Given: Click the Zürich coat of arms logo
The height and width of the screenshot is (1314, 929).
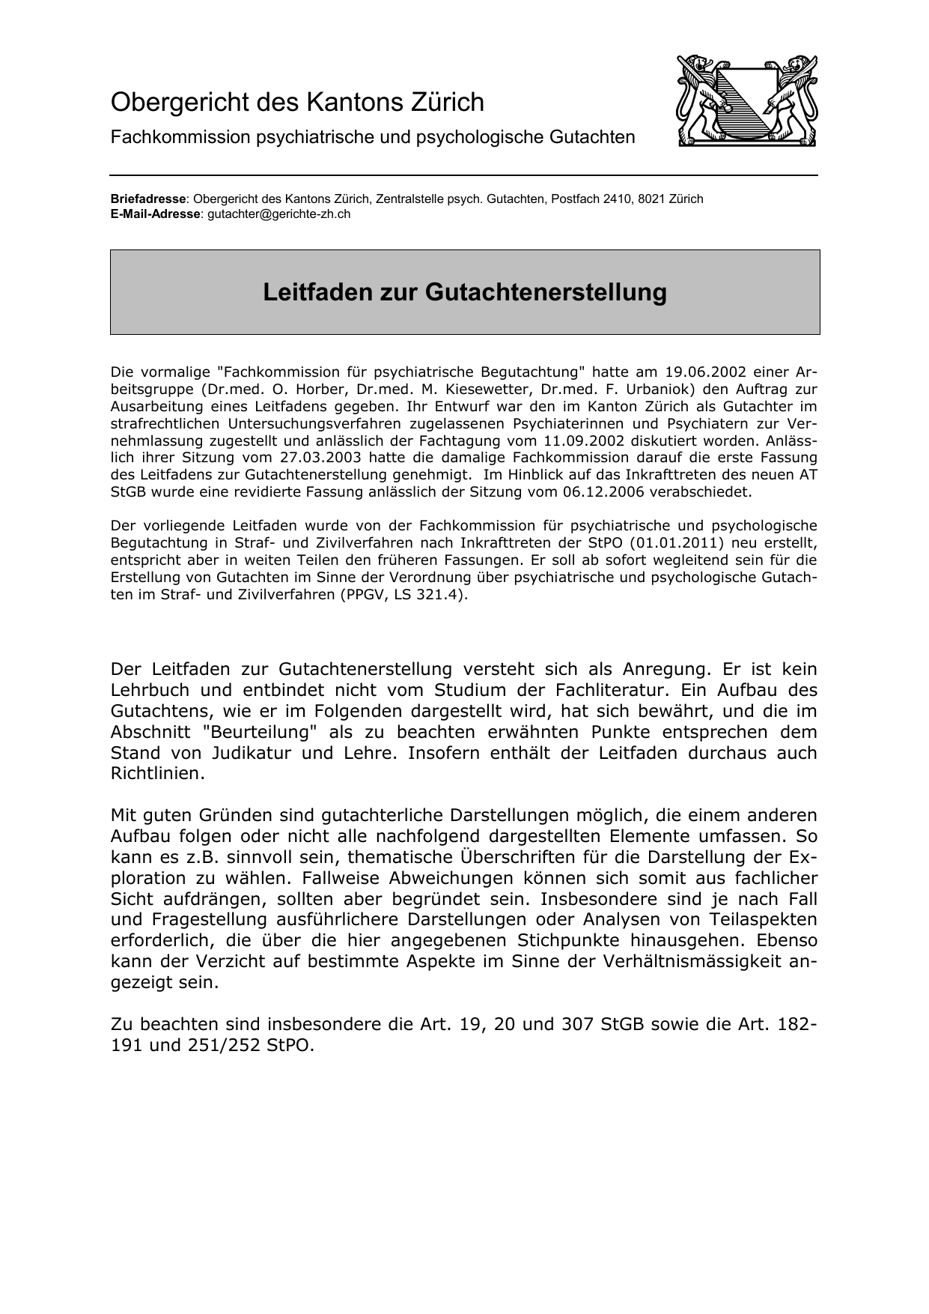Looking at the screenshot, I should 746,100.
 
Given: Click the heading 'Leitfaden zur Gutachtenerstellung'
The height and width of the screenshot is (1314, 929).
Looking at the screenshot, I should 464,292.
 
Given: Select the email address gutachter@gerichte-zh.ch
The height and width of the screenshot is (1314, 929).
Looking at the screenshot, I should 278,214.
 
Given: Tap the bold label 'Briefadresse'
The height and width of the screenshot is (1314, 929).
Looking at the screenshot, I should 147,199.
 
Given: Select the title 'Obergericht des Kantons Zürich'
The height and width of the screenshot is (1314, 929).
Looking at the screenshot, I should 297,102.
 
